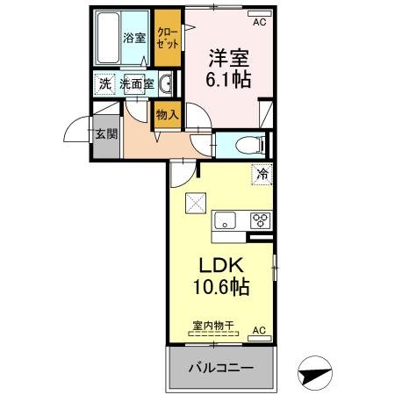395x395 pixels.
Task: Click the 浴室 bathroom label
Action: tap(133, 39)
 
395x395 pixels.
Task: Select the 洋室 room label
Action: tap(228, 59)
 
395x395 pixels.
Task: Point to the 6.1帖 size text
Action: tap(228, 81)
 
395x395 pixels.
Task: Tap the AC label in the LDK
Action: tap(259, 329)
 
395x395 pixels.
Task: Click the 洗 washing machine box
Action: tap(104, 84)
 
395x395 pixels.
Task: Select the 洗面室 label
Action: tap(137, 84)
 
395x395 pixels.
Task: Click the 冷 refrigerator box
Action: tap(261, 176)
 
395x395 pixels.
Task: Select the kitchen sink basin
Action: tap(225, 220)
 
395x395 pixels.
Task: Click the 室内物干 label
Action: tap(214, 326)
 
